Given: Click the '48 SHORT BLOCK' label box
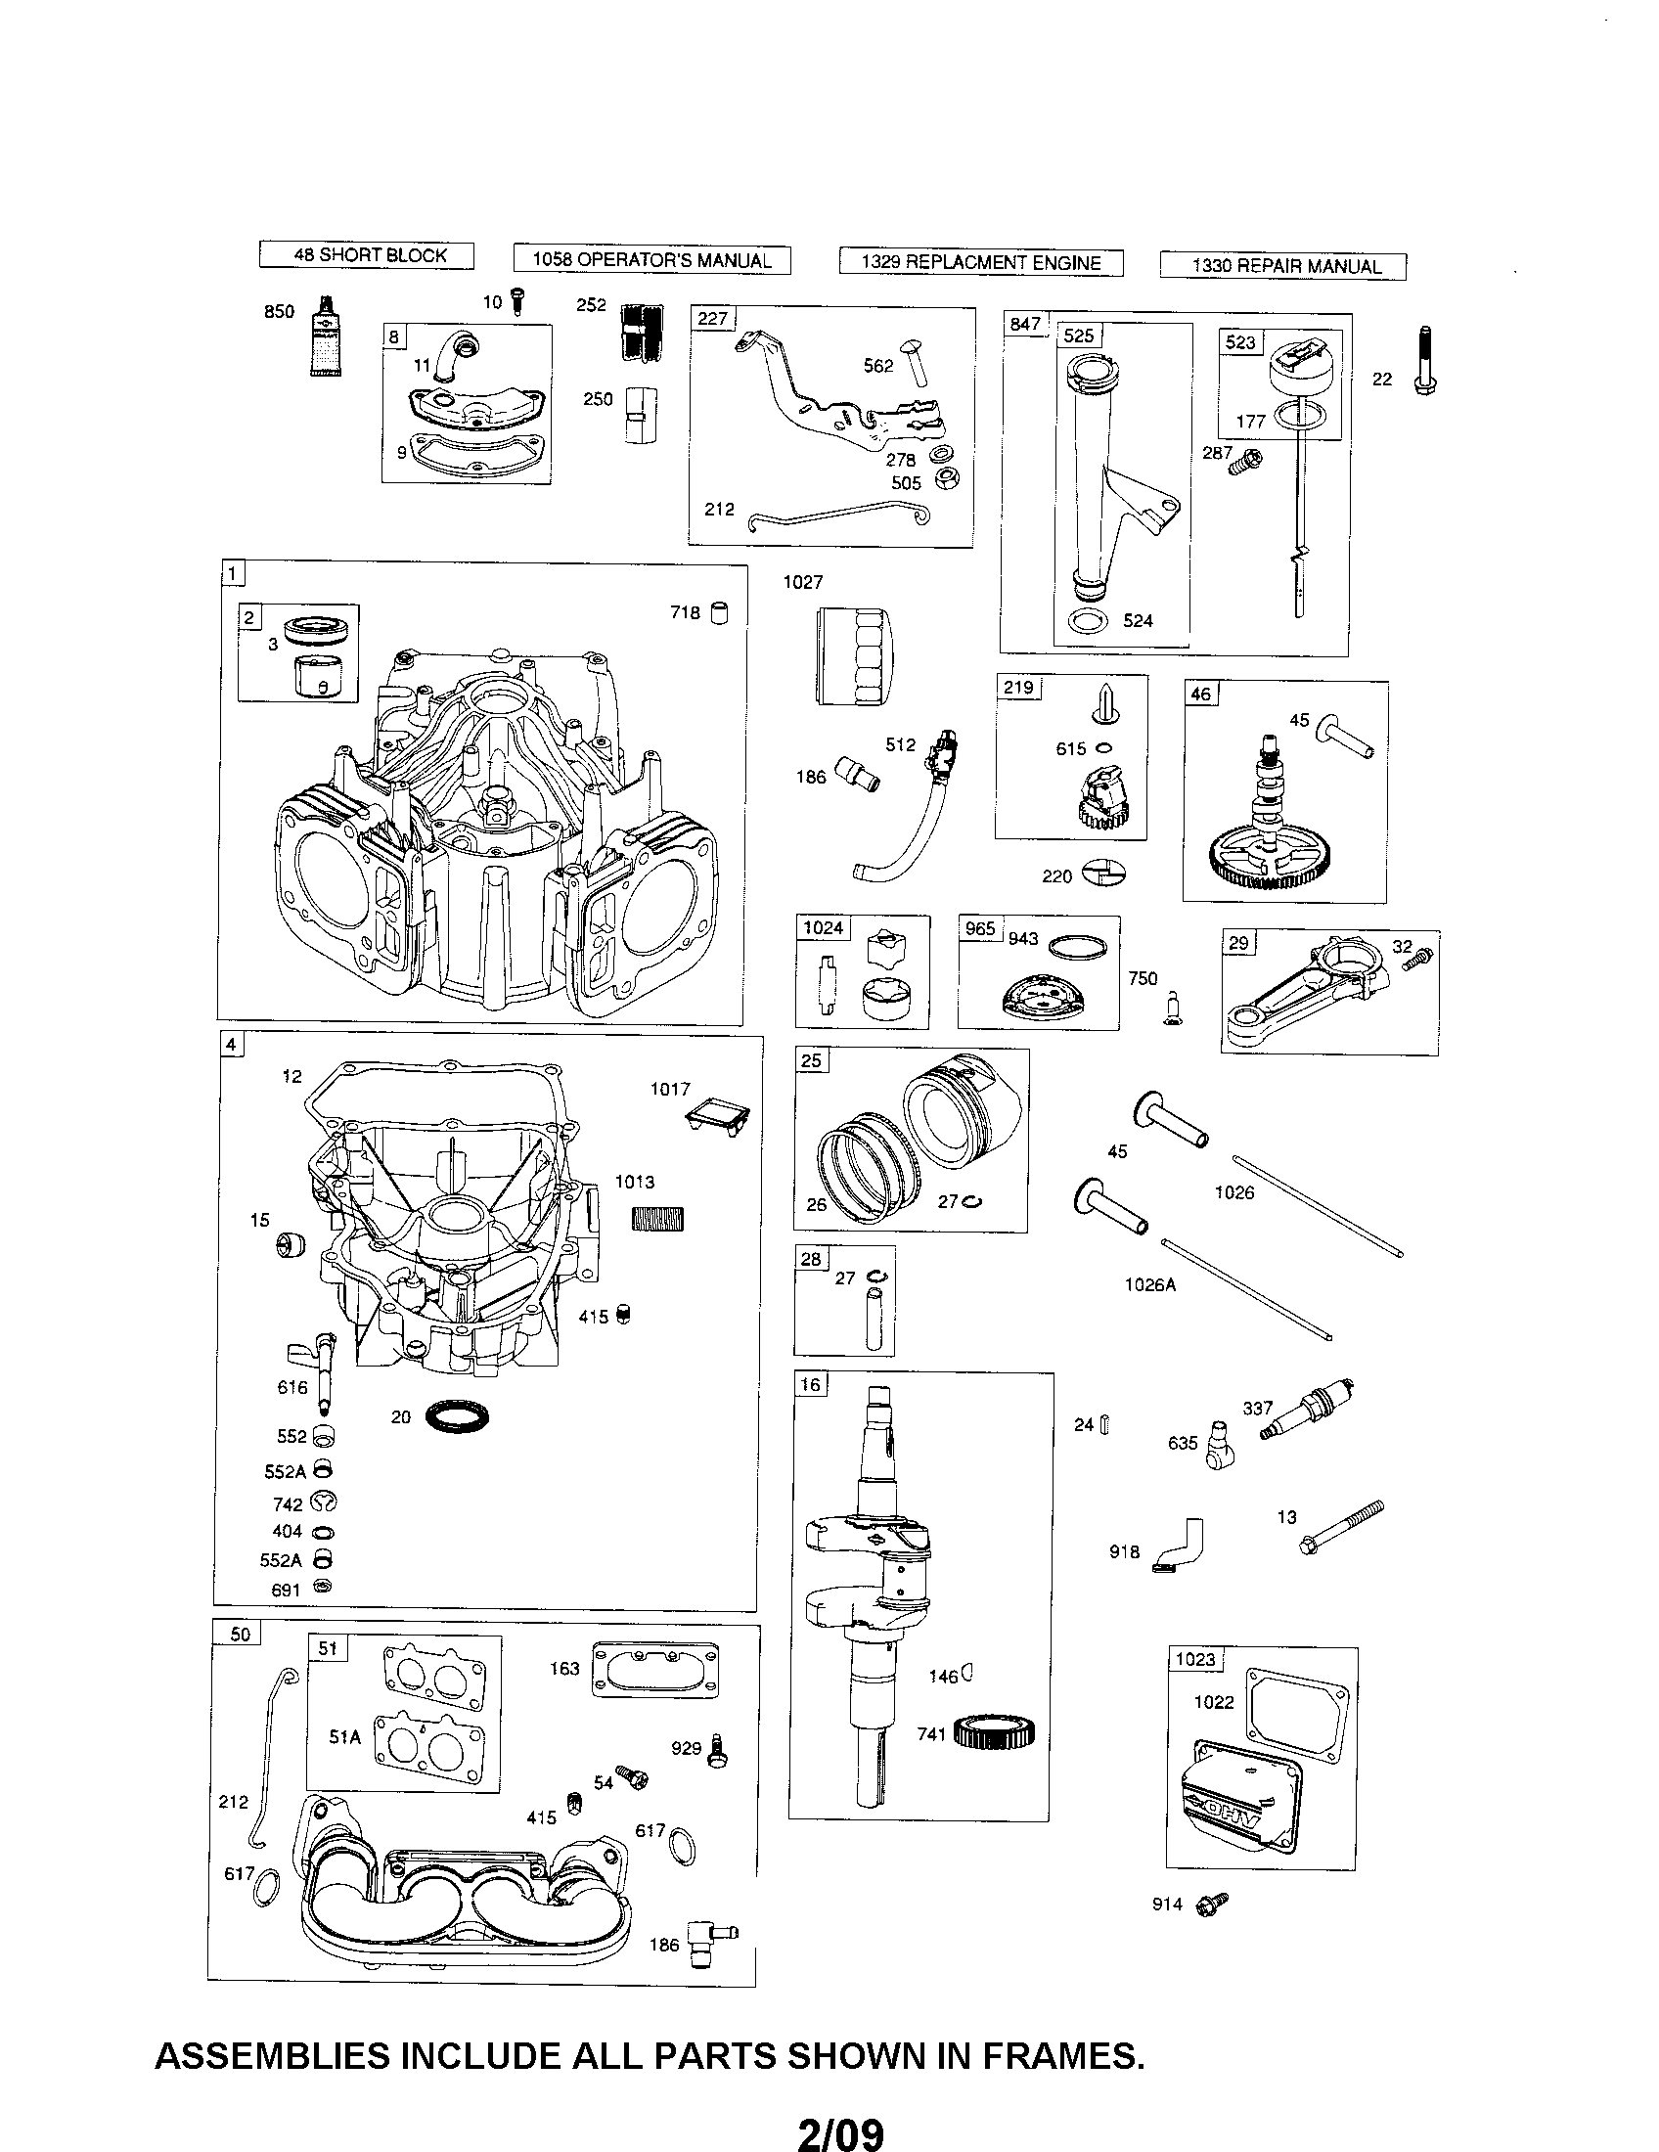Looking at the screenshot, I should click(367, 255).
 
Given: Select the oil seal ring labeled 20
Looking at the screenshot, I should click(458, 1418).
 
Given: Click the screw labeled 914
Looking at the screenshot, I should click(1211, 1904).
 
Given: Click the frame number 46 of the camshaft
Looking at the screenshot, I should click(1200, 694).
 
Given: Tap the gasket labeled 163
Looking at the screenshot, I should click(654, 1669).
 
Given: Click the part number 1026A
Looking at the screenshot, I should click(1149, 1285).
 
